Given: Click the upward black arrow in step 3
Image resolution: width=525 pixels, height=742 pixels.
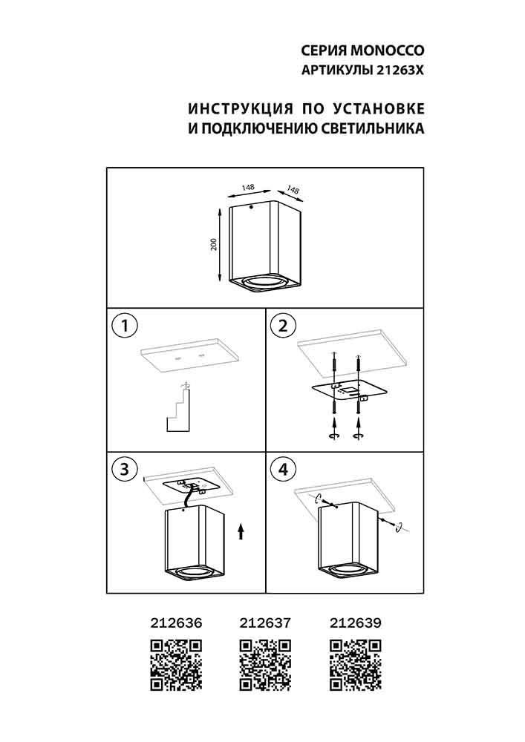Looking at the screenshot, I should click(x=240, y=532).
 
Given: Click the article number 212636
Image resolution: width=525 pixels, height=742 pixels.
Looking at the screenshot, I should click(x=176, y=623).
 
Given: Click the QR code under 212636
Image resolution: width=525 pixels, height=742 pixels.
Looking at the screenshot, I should click(x=176, y=666).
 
